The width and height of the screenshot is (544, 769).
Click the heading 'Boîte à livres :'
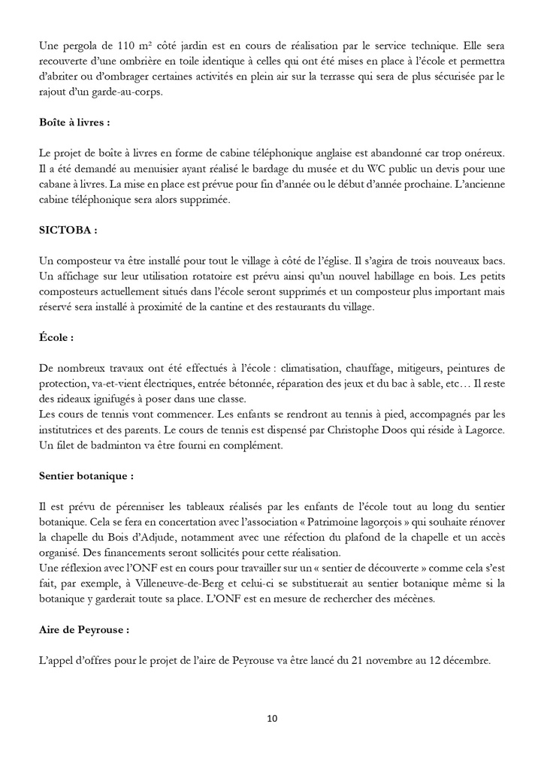click(75, 122)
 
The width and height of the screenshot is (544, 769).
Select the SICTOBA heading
click(68, 230)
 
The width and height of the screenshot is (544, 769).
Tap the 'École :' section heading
click(56, 338)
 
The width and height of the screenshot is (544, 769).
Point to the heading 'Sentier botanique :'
click(86, 476)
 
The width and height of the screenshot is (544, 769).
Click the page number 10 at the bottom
click(272, 719)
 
